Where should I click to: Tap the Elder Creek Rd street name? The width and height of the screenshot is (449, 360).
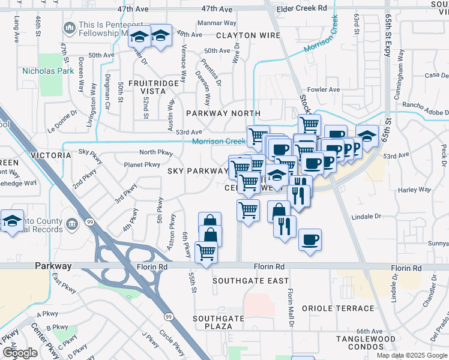pos(302,9)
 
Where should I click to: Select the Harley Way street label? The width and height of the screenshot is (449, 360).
pos(415,190)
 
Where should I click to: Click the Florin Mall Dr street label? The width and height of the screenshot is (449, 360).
pos(291,306)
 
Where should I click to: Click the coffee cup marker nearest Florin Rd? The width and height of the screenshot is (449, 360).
pos(310,239)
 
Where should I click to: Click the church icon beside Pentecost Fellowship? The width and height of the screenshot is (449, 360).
pos(71,28)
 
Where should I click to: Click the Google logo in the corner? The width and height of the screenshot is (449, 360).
pos(20,353)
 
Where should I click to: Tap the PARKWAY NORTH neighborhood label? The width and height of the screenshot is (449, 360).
pos(223,113)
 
